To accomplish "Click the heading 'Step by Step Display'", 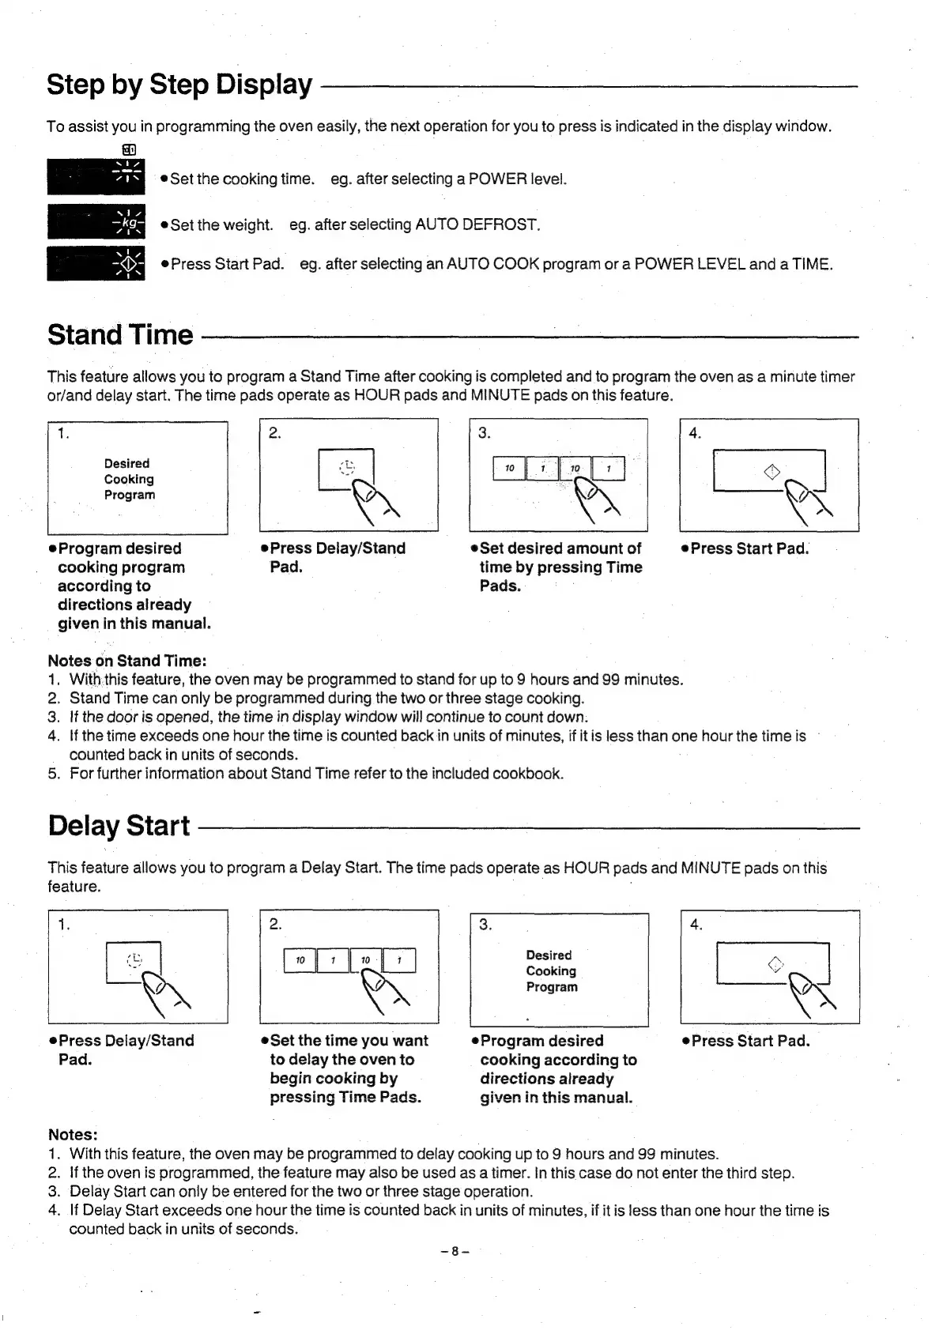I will click(179, 84).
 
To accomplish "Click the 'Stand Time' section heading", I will click(120, 334).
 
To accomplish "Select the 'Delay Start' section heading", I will click(119, 826).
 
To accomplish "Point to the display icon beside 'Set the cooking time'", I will click(96, 177).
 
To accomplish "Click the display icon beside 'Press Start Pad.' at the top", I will click(96, 264).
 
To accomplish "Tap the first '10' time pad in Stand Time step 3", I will click(509, 469).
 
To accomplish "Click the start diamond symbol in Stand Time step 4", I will click(772, 473).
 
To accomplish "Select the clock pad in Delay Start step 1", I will click(134, 961).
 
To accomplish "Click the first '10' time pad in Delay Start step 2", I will click(300, 960).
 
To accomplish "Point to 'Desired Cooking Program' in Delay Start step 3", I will click(552, 970).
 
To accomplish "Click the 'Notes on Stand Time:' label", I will click(127, 661).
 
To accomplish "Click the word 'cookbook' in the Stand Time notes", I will click(527, 773).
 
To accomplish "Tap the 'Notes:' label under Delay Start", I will click(73, 1135).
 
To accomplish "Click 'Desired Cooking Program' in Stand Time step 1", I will click(130, 479).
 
